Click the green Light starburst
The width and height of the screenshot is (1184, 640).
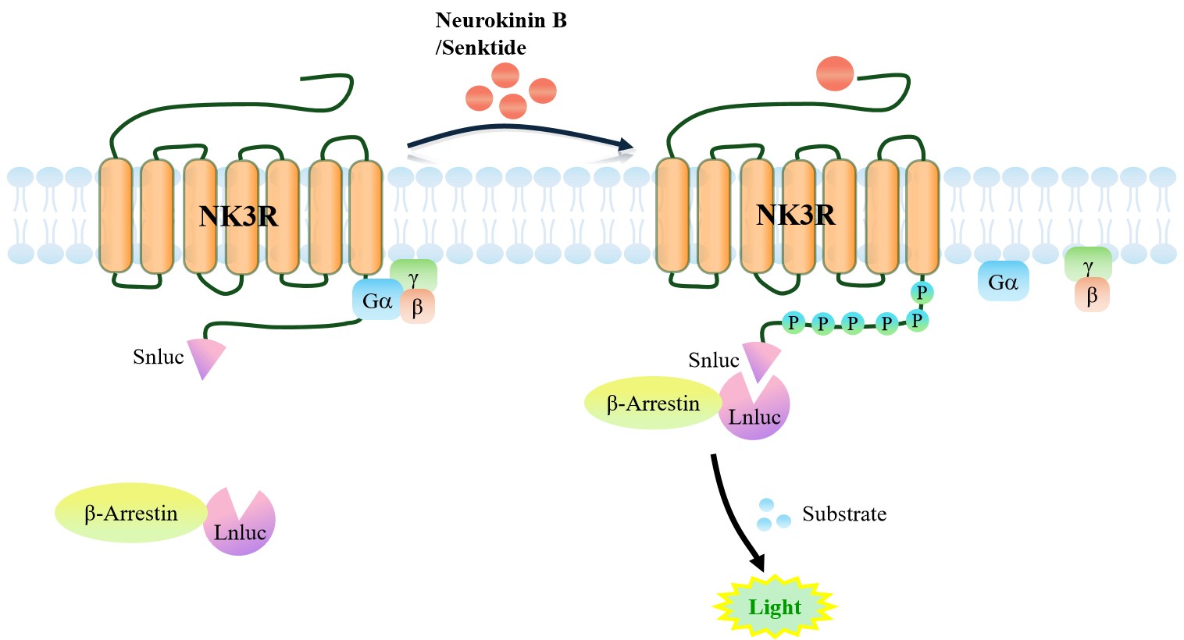tap(775, 606)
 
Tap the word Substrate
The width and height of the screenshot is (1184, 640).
tap(844, 514)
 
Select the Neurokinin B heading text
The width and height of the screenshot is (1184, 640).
tap(501, 20)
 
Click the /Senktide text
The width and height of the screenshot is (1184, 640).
tap(480, 48)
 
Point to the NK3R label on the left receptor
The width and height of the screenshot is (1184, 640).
tap(238, 216)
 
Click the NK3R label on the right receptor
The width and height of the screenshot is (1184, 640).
tap(796, 215)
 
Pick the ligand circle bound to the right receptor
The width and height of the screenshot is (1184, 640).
tap(835, 73)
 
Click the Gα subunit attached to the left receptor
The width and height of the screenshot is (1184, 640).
tap(377, 300)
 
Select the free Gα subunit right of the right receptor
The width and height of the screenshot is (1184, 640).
tap(1004, 282)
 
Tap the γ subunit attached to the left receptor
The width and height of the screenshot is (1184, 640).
tap(413, 275)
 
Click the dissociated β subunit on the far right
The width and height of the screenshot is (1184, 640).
tap(1092, 295)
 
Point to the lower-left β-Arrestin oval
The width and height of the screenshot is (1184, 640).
tap(130, 513)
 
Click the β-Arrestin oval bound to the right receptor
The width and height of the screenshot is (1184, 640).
tap(654, 403)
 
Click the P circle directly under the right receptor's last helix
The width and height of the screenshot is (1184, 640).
tap(922, 292)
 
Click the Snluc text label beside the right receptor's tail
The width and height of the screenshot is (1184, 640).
tap(714, 360)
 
